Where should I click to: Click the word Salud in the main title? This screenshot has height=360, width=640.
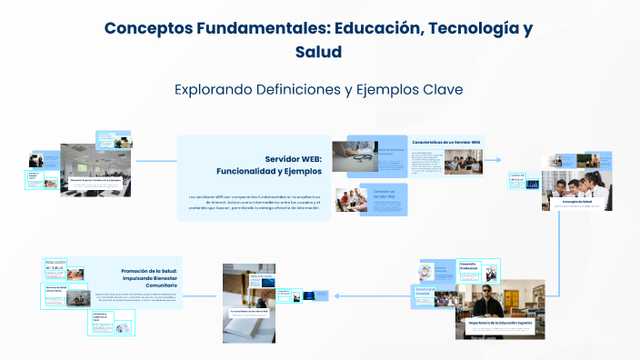pos(318,53)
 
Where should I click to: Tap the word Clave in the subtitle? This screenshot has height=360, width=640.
pos(442,90)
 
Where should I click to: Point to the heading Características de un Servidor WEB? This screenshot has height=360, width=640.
pos(445,143)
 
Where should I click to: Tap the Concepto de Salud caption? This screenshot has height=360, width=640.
pos(576,201)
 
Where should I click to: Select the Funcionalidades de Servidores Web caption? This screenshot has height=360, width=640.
pos(248,311)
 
